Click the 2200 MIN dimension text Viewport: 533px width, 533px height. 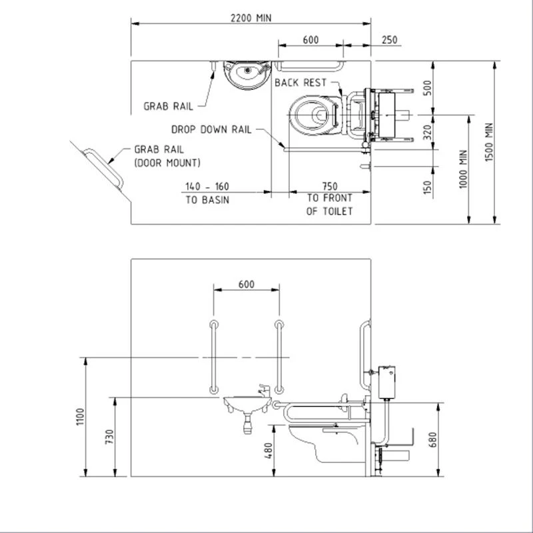250,17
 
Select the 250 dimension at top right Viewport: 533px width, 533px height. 389,40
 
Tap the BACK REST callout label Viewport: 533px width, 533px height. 300,83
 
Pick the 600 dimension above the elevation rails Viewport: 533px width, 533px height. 246,284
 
